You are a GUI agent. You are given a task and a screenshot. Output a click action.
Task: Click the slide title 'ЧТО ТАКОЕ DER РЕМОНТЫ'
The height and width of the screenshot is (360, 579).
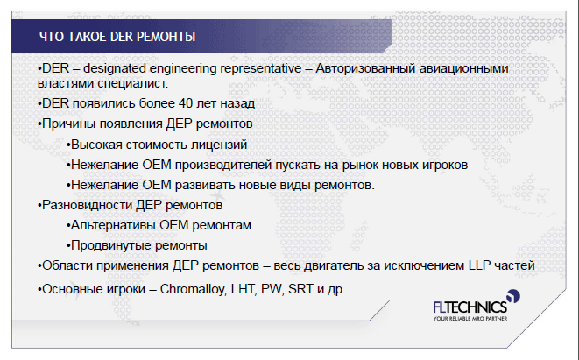(117, 37)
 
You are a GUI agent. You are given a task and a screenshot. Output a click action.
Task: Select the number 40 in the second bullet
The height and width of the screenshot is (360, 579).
(186, 103)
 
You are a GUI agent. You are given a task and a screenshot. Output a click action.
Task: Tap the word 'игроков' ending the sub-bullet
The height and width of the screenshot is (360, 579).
(442, 165)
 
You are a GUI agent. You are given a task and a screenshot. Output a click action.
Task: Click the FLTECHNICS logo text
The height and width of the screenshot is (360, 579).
(470, 307)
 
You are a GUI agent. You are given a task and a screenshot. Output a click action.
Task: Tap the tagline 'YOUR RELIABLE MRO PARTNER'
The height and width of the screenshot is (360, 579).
(470, 319)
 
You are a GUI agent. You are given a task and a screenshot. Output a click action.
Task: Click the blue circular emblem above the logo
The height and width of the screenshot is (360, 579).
(513, 296)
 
